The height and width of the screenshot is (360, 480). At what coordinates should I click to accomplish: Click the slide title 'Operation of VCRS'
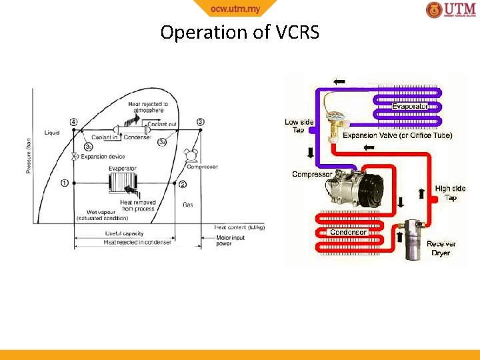[240, 32]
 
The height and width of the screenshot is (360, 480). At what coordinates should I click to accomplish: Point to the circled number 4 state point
[73, 122]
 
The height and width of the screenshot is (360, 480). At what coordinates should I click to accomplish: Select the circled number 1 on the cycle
[65, 183]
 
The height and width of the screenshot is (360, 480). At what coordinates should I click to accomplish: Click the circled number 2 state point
[183, 184]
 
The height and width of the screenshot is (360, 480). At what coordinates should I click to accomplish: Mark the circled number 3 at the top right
[201, 121]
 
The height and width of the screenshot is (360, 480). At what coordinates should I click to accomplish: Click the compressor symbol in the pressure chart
[191, 155]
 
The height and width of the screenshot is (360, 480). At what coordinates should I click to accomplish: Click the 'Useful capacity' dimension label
[124, 233]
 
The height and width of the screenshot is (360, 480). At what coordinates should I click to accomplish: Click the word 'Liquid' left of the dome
[52, 133]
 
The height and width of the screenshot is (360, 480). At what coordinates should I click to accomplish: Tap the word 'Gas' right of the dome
[188, 205]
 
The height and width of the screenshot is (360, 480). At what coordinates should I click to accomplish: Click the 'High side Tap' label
[450, 193]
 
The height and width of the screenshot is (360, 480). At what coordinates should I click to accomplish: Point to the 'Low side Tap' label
[299, 126]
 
